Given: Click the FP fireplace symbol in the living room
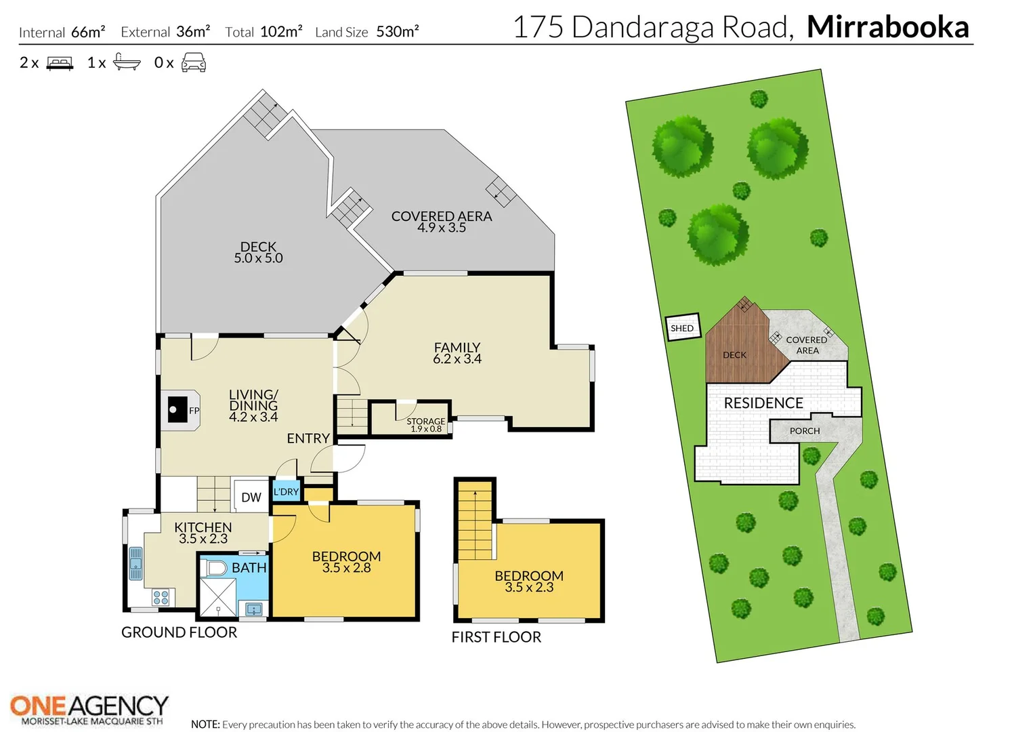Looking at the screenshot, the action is tap(180, 410).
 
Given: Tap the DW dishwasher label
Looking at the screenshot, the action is tap(251, 497).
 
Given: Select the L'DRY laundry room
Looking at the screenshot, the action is tap(286, 491).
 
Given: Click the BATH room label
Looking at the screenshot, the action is tap(249, 567).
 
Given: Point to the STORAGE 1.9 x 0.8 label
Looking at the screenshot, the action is tap(425, 424).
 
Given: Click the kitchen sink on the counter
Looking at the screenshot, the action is tap(135, 563).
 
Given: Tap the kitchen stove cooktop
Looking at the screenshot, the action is tap(161, 597).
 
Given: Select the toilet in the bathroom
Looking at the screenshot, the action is tap(216, 568).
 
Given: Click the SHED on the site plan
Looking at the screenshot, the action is tap(683, 327).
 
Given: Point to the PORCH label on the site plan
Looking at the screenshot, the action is tap(805, 431).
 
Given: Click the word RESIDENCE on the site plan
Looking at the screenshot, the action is tap(763, 403).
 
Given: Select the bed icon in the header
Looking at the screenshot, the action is tap(60, 63).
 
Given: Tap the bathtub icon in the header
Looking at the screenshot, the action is tap(127, 62).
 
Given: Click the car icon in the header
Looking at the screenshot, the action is tap(194, 62).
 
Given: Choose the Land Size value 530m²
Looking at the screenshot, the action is tap(398, 31).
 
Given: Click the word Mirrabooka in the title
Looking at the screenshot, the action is tap(887, 27).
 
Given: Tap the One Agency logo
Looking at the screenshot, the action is tap(89, 710).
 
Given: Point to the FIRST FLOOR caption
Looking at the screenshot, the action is tap(497, 636).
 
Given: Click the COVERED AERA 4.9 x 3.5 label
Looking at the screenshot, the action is tap(441, 222).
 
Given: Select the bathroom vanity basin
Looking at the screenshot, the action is tap(253, 609).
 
